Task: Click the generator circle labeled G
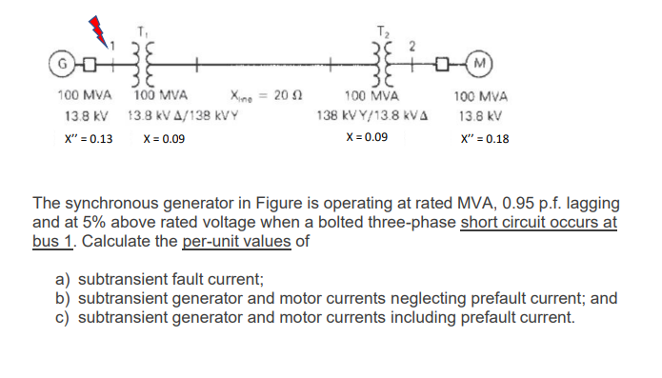click(64, 67)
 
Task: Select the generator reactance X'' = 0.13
click(85, 139)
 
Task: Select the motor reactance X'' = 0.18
click(484, 139)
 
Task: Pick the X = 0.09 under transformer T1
click(164, 139)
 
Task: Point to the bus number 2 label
click(413, 43)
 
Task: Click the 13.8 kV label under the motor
click(482, 117)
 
